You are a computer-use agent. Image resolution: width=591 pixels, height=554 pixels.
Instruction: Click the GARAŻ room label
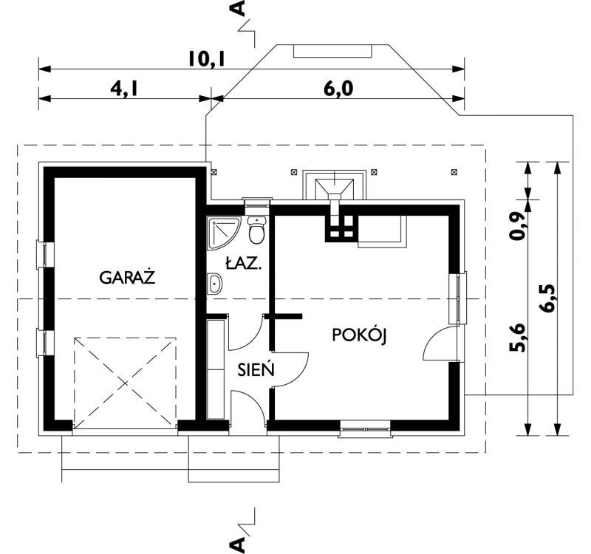(x=127, y=277)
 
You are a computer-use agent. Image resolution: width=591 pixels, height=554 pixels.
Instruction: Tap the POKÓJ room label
(x=360, y=335)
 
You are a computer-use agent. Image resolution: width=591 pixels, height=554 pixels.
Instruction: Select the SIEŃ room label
(x=256, y=369)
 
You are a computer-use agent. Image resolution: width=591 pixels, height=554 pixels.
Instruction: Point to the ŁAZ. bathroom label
(x=243, y=263)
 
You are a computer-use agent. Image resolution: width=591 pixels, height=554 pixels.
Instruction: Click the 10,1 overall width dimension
(x=207, y=59)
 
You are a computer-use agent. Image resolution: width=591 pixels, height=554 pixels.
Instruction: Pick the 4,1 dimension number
(x=124, y=89)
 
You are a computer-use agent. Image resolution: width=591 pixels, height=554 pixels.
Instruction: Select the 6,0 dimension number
(x=338, y=89)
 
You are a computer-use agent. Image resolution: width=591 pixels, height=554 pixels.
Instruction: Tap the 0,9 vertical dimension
(x=516, y=226)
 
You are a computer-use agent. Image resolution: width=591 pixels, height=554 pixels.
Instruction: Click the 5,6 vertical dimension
(x=516, y=338)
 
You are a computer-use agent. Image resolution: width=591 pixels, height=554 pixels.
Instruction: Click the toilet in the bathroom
(x=257, y=230)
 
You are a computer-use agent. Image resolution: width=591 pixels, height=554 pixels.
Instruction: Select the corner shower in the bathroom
(x=223, y=233)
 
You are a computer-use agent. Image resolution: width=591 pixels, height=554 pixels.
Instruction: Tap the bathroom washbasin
(x=215, y=283)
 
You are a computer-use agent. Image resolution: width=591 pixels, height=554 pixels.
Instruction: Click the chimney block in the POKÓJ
(x=340, y=228)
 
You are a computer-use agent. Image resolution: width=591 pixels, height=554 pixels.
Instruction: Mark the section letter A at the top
(x=238, y=8)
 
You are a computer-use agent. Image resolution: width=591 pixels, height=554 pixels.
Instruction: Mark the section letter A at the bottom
(x=238, y=545)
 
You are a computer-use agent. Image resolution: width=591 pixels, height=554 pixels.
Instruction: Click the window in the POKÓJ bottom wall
(x=365, y=429)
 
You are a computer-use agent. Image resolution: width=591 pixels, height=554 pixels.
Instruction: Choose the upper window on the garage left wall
(x=45, y=254)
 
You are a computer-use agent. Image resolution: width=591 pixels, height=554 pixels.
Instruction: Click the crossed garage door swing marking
(x=125, y=383)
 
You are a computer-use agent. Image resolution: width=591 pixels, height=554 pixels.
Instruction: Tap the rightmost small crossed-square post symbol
(x=454, y=172)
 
